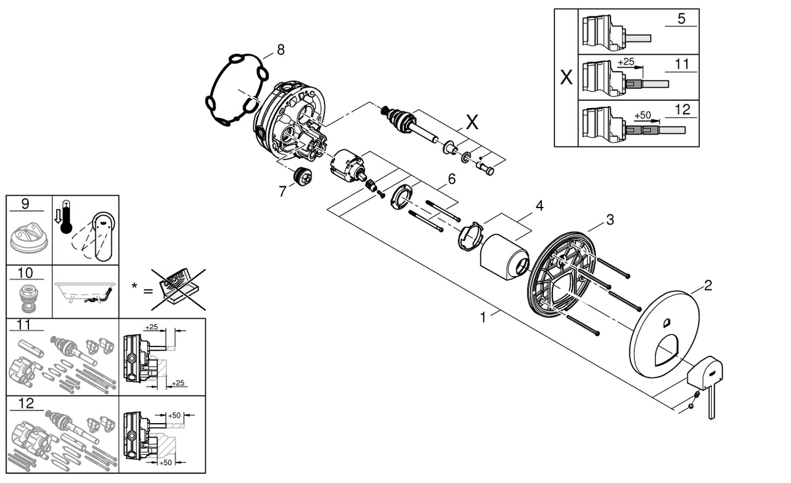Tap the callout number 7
tap(283, 190)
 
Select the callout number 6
tap(452, 178)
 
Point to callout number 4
tap(539, 206)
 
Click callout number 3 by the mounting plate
tap(610, 219)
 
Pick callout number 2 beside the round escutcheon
tap(708, 285)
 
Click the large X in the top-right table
tap(566, 78)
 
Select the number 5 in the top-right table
tap(682, 18)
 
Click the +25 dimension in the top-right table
tap(626, 61)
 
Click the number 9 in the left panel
tap(25, 204)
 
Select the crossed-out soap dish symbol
tap(178, 288)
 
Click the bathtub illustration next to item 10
tap(86, 293)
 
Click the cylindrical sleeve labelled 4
tap(504, 259)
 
